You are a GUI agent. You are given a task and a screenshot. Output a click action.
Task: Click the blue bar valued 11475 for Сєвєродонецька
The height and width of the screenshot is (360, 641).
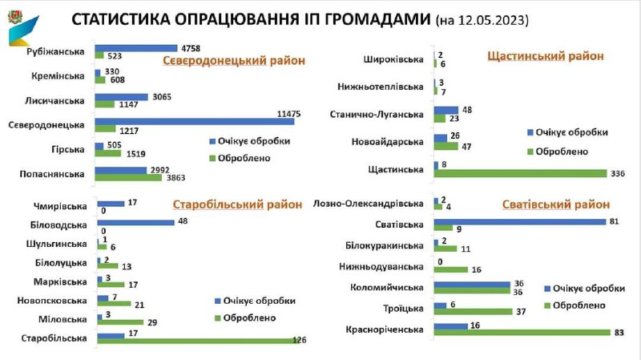194,121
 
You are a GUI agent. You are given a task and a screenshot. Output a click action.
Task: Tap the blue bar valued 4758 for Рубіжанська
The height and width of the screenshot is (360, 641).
135,47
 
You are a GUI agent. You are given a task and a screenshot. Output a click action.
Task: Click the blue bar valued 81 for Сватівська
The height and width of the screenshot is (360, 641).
518,221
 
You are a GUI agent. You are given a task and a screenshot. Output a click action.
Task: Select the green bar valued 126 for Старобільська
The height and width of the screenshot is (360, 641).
196,342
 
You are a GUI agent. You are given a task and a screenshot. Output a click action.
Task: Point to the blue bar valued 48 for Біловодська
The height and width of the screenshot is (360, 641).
135,222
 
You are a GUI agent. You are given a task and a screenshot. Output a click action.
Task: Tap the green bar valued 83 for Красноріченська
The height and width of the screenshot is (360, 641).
520,332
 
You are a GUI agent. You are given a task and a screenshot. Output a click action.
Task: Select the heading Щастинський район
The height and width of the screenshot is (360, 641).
545,55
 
